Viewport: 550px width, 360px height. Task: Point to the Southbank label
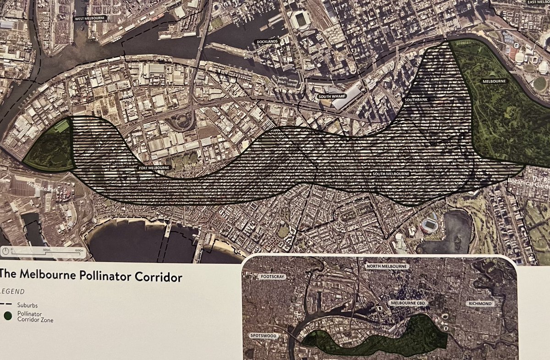pyautogui.click(x=416, y=100)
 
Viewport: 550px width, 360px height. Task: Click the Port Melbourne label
pyautogui.click(x=151, y=168)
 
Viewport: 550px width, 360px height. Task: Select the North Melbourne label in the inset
pyautogui.click(x=387, y=266)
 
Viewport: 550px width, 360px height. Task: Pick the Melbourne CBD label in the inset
pyautogui.click(x=409, y=303)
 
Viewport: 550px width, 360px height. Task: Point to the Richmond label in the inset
pyautogui.click(x=480, y=304)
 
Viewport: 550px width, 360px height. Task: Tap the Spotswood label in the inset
pyautogui.click(x=264, y=336)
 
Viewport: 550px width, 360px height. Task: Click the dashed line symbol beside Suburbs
pyautogui.click(x=7, y=304)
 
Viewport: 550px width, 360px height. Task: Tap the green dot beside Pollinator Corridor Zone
pyautogui.click(x=7, y=316)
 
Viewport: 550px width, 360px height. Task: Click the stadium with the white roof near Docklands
pyautogui.click(x=301, y=20)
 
